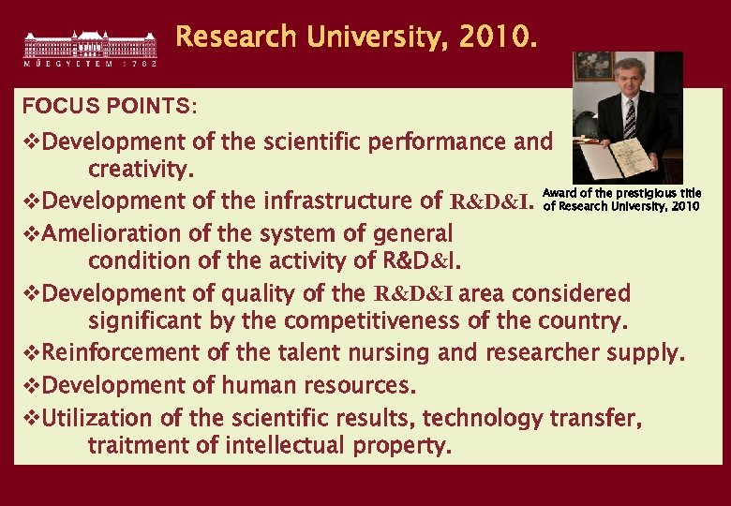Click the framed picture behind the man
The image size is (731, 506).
pyautogui.click(x=594, y=66)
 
